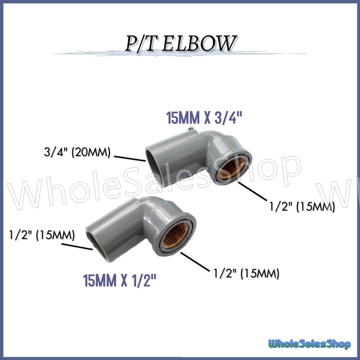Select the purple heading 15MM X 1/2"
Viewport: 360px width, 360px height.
click(x=120, y=281)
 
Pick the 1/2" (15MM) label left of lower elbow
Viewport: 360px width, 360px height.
click(x=42, y=234)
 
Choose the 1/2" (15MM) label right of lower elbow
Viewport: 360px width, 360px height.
click(x=246, y=273)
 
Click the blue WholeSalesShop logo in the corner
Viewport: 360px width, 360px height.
click(x=309, y=343)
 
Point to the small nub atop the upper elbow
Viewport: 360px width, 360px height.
click(x=191, y=130)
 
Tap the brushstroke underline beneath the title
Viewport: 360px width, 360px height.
click(x=180, y=54)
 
